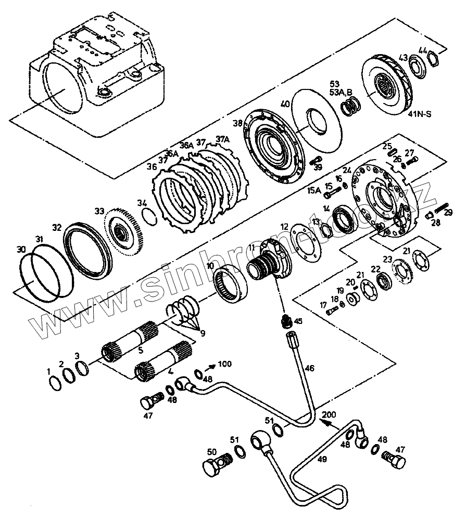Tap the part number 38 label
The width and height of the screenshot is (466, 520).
pos(237,123)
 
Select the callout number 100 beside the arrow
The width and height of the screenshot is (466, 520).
pos(225,363)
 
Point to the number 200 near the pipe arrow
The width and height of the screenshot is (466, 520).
pos(330,414)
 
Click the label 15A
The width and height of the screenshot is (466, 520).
pos(314,191)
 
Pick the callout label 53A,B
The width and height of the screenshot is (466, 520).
pos(341,92)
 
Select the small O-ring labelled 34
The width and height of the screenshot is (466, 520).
pos(149,214)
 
